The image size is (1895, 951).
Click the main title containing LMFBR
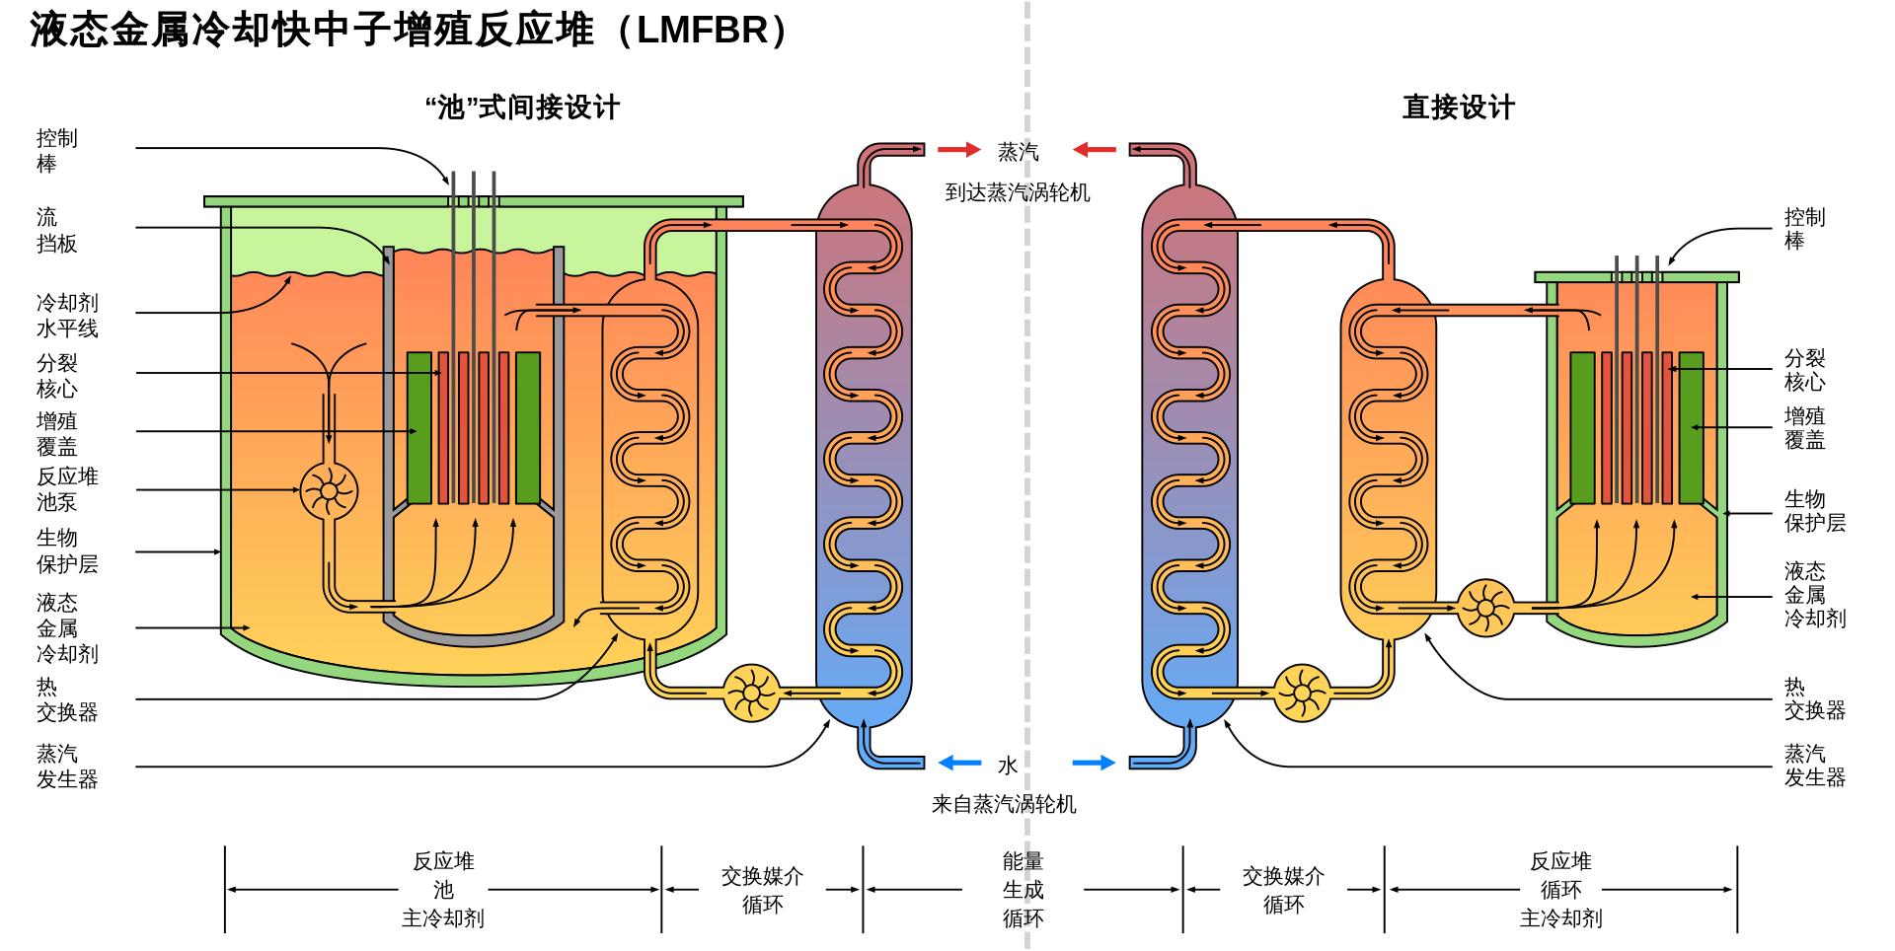[x=410, y=30]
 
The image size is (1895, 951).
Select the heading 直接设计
[x=1458, y=108]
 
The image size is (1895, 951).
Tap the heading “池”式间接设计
[x=522, y=108]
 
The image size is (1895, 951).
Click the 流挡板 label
[x=56, y=230]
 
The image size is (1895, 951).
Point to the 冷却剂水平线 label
[x=67, y=316]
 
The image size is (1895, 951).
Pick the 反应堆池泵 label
[x=67, y=489]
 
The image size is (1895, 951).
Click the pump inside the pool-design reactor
[x=328, y=490]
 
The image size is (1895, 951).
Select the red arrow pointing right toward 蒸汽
[x=957, y=150]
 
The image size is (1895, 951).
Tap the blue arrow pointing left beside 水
[x=959, y=763]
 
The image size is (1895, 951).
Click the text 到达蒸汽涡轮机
[x=1018, y=193]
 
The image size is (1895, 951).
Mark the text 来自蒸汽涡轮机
[x=1004, y=805]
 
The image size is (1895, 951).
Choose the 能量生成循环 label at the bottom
[x=1023, y=890]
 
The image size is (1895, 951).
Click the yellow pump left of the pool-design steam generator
[x=751, y=694]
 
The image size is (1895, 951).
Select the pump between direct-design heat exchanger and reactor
[x=1484, y=607]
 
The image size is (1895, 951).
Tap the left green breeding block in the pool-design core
[x=419, y=427]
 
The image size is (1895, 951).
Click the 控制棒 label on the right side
[x=1804, y=229]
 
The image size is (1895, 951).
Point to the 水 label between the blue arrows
[x=1007, y=766]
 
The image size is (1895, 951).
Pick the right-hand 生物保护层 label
[x=1814, y=511]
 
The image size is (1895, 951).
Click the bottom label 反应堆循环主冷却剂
[x=1560, y=890]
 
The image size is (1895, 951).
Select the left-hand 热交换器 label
[x=67, y=699]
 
